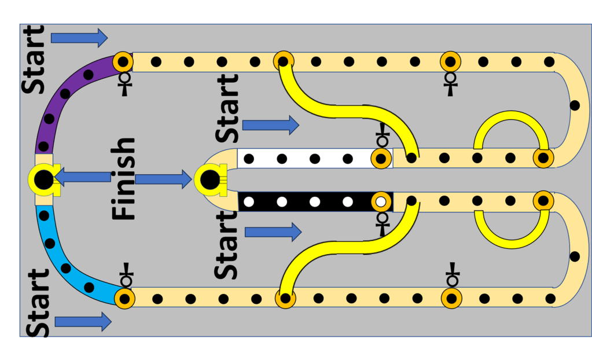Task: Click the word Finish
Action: coord(123,179)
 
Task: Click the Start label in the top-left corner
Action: coord(33,60)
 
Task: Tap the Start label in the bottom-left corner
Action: coord(38,303)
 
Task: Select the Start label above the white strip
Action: coord(227,109)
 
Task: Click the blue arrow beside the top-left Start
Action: coord(79,38)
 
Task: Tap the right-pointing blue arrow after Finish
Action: coord(163,179)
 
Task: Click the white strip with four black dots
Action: coord(307,159)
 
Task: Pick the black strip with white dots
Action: coord(307,201)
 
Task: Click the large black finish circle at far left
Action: coord(43,179)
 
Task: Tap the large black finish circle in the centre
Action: coord(210,179)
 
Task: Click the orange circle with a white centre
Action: coord(381,202)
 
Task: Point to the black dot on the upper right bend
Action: coord(575,105)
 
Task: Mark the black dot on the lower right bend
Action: coord(575,256)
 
